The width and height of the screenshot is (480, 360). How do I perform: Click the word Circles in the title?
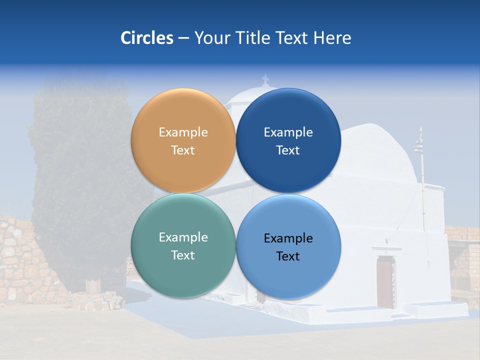pyautogui.click(x=147, y=38)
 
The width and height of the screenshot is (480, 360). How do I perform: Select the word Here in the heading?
pyautogui.click(x=332, y=38)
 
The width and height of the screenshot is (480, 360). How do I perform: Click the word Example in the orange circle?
pyautogui.click(x=183, y=132)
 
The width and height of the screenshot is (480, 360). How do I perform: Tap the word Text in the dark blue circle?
pyautogui.click(x=288, y=150)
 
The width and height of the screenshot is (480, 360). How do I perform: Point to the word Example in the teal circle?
pyautogui.click(x=183, y=237)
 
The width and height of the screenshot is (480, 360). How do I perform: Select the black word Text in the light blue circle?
pyautogui.click(x=288, y=256)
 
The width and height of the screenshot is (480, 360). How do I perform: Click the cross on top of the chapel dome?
pyautogui.click(x=265, y=79)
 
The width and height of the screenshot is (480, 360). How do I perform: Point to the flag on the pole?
pyautogui.click(x=418, y=146)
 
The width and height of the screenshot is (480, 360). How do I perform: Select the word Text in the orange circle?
pyautogui.click(x=183, y=150)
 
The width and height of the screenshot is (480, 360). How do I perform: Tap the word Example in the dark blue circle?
pyautogui.click(x=288, y=132)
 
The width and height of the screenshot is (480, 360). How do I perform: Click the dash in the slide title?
pyautogui.click(x=183, y=38)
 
